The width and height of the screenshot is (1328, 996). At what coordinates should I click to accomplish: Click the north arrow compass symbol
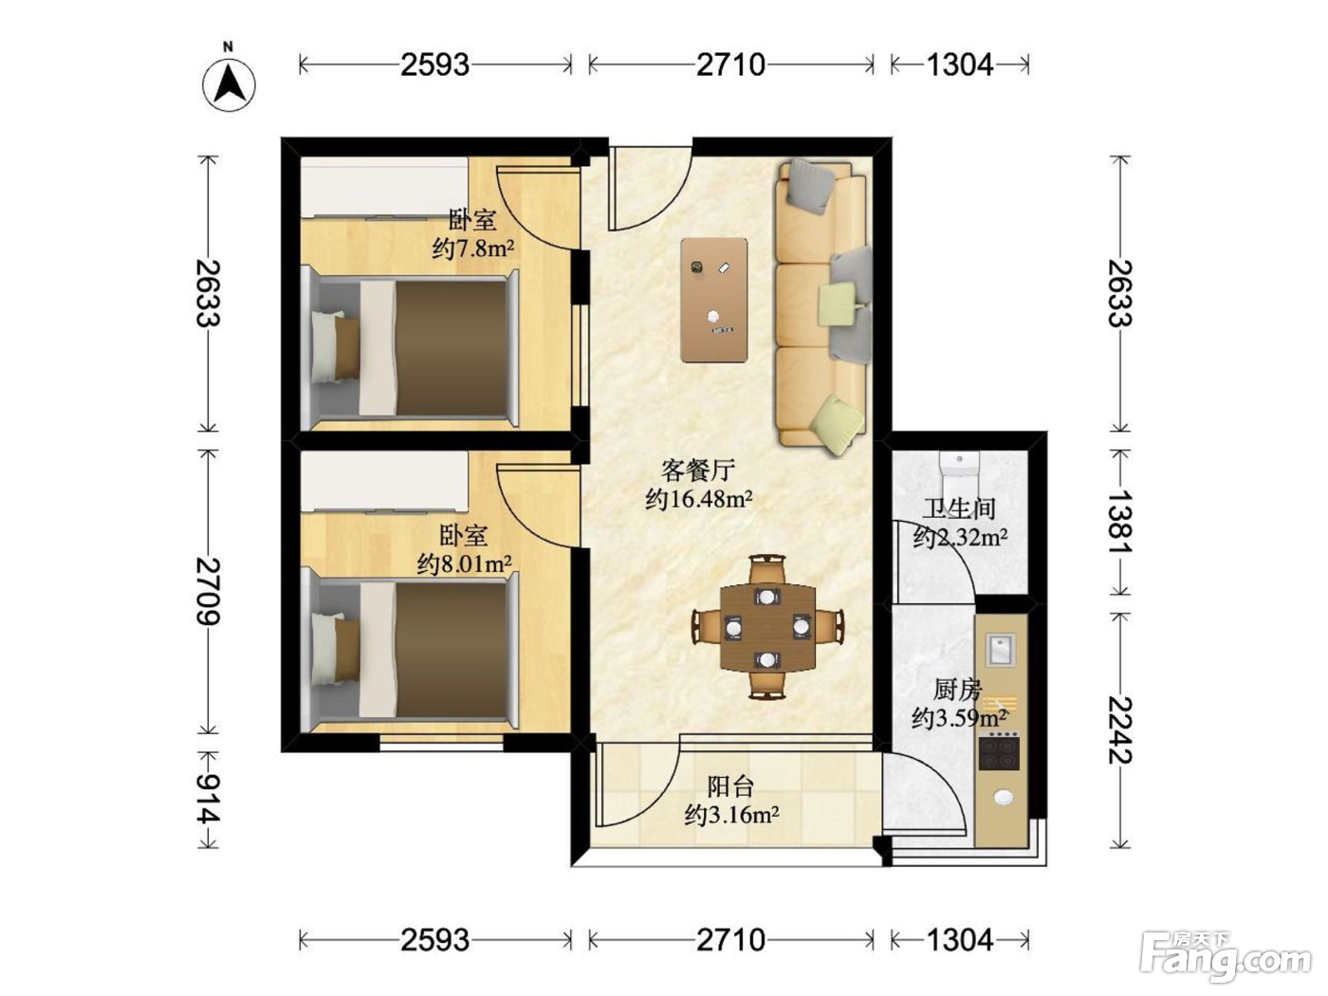(229, 81)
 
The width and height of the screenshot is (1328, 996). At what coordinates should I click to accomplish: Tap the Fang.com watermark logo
(1225, 958)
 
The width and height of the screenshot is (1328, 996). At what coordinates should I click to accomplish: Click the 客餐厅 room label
(698, 470)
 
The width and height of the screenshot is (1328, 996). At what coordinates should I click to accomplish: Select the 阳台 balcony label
(730, 786)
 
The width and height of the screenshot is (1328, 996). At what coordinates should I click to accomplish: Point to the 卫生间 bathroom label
(960, 508)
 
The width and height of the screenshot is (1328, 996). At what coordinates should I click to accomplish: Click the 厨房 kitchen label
(958, 690)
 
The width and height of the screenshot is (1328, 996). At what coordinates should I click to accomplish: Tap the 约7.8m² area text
(473, 248)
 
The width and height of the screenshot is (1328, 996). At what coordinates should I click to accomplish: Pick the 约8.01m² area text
(464, 564)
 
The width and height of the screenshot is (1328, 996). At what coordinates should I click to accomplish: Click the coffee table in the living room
(714, 300)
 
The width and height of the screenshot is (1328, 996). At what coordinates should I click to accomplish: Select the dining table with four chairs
(767, 628)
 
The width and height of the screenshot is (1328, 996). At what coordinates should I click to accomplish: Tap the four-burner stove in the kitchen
(1000, 750)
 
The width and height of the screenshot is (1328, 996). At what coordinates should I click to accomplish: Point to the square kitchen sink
(1000, 649)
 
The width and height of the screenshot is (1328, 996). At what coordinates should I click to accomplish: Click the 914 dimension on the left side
(208, 799)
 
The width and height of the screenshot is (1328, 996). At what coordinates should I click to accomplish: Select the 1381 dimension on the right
(1119, 521)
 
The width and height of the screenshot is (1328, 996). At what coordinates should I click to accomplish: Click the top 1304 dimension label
(960, 65)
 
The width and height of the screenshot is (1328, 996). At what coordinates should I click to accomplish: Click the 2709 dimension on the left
(208, 591)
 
